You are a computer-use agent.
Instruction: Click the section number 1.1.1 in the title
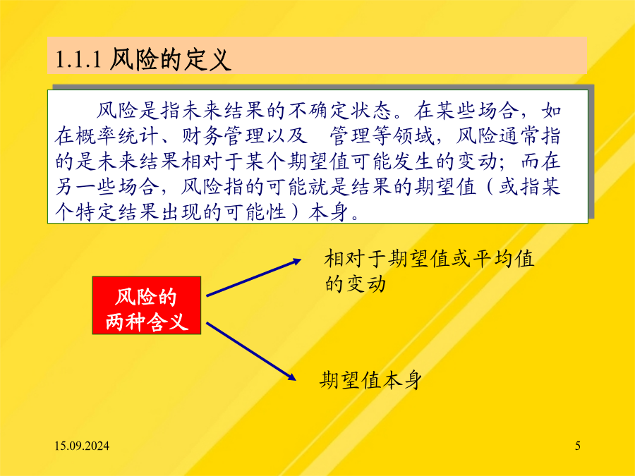tap(78, 59)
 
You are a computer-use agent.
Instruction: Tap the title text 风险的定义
tap(171, 59)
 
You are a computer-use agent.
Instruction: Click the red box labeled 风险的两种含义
tap(147, 305)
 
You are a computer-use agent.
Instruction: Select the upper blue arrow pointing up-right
tap(254, 277)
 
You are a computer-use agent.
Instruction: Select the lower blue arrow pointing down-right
tap(251, 351)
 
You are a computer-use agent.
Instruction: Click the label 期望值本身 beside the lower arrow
tap(370, 380)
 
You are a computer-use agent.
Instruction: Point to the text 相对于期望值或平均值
tap(429, 259)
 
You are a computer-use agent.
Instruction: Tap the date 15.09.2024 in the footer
tap(82, 446)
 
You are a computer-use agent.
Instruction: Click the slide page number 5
tap(578, 446)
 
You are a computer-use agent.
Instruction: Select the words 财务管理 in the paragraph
tap(224, 136)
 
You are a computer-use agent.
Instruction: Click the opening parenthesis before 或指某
tap(489, 187)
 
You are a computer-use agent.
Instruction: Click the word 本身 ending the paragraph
tap(329, 212)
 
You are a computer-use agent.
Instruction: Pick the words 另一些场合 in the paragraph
tap(108, 187)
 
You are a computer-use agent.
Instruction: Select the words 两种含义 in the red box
tap(147, 322)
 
